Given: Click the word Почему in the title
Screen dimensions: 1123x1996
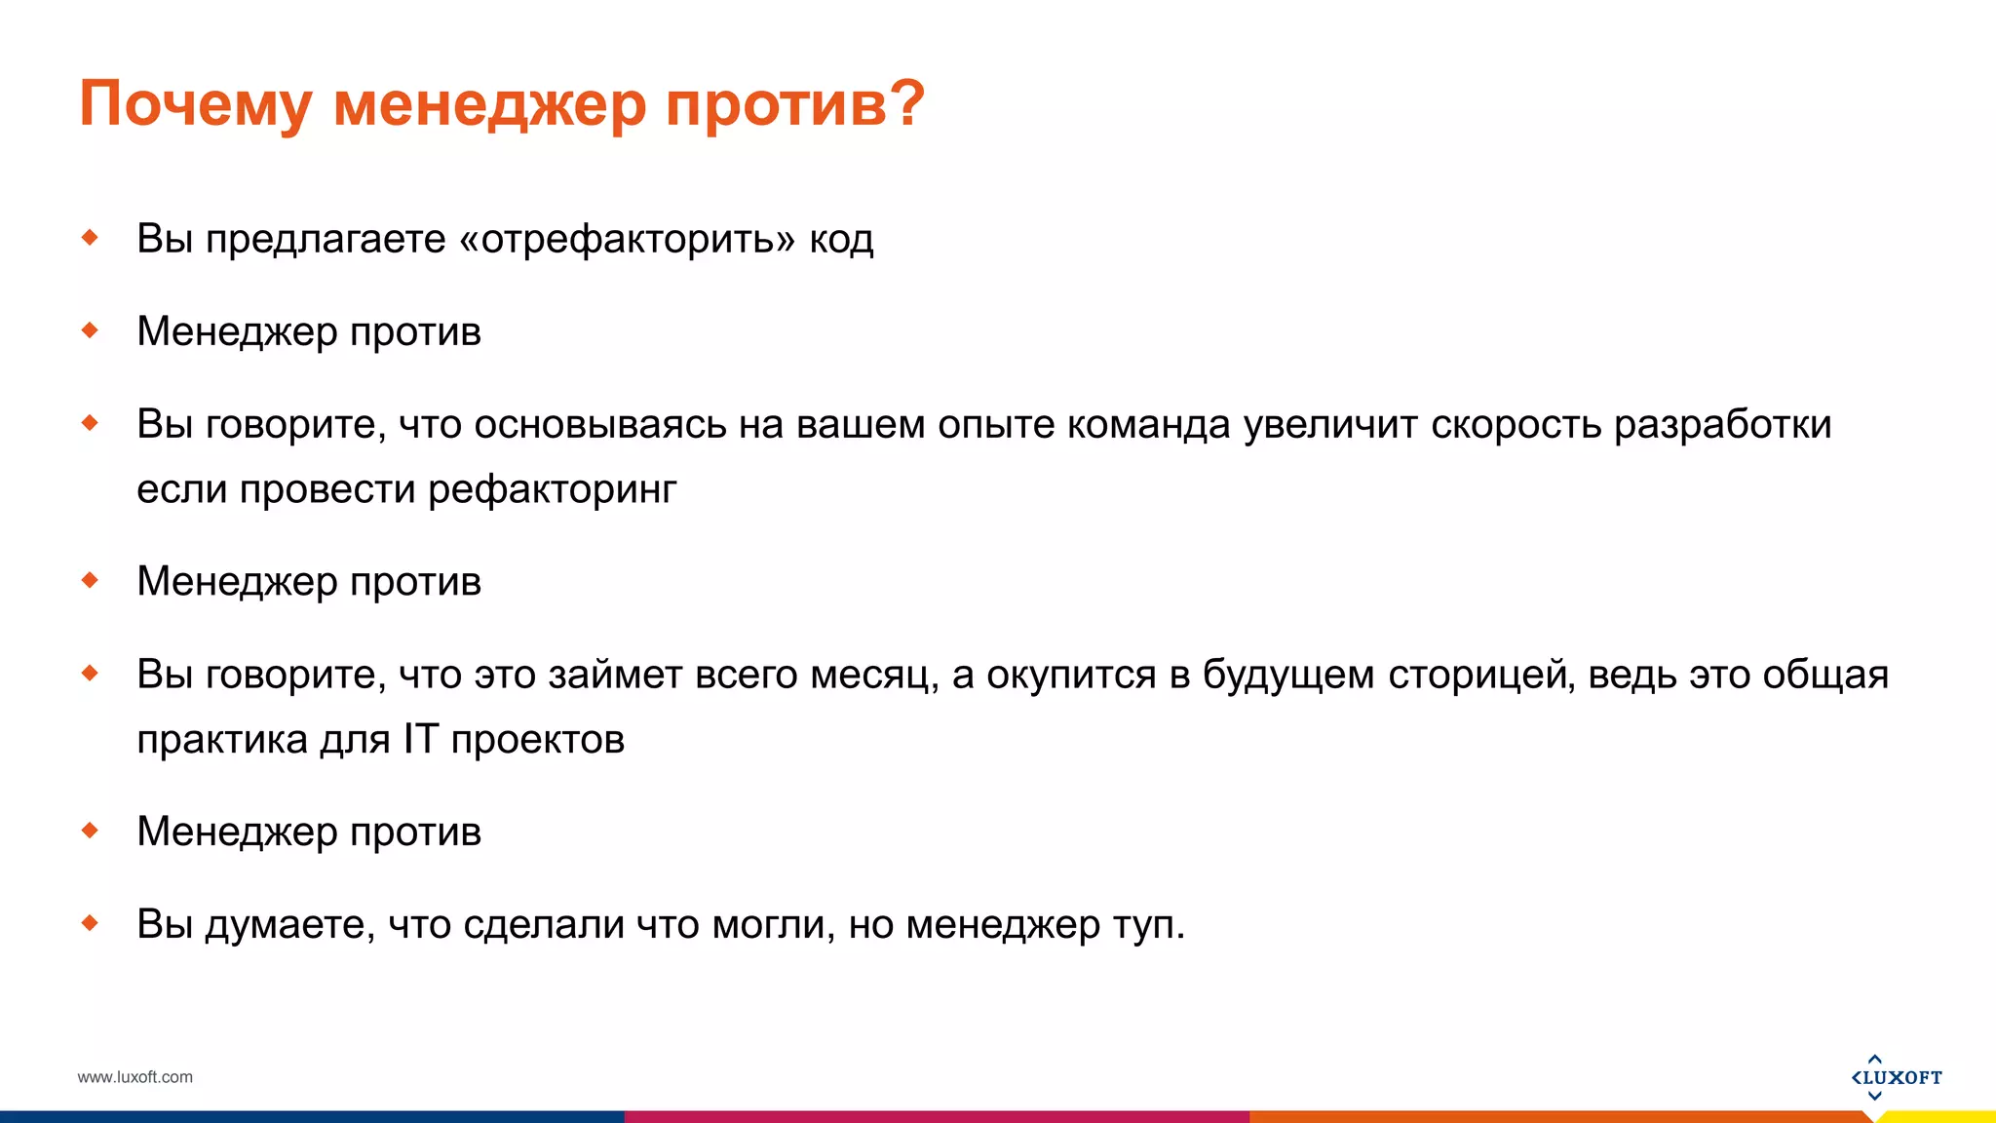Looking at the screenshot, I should coord(196,103).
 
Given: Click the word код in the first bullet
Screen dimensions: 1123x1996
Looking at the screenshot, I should coord(841,239).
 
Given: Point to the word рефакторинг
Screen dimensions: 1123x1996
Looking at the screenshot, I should coord(552,489).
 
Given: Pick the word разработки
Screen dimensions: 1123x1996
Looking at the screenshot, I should coord(1723,425).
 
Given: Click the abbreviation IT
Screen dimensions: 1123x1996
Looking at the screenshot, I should coord(421,739).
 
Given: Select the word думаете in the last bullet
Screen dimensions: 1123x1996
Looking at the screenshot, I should coord(289,925).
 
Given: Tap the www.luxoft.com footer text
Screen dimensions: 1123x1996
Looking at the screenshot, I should coord(134,1077).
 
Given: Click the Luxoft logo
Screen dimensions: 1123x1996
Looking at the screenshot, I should coord(1896,1077).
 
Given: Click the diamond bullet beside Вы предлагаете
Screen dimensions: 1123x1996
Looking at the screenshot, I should coord(91,237).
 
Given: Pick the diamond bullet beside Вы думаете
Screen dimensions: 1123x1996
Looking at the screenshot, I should coord(91,923).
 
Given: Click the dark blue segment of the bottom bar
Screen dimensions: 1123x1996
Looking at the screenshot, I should coord(312,1116).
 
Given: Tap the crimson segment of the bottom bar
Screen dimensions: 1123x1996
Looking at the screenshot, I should coord(936,1116).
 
